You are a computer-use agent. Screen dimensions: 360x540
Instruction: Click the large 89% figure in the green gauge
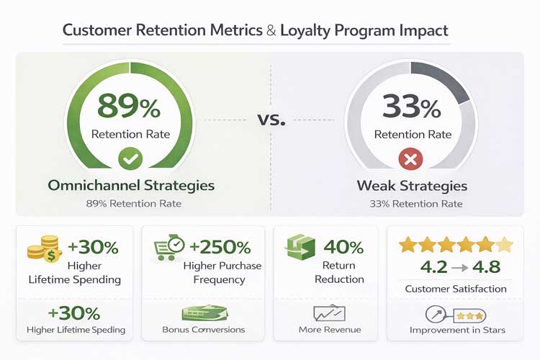130,107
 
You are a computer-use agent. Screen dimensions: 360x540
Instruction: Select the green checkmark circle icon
130,157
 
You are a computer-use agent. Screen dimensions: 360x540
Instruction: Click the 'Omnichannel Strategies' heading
131,185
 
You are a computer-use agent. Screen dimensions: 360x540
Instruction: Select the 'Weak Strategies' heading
412,186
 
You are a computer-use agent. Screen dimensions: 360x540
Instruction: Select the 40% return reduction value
343,248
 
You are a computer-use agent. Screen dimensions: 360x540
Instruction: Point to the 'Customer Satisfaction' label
456,289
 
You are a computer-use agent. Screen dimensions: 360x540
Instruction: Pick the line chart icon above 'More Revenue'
328,313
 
